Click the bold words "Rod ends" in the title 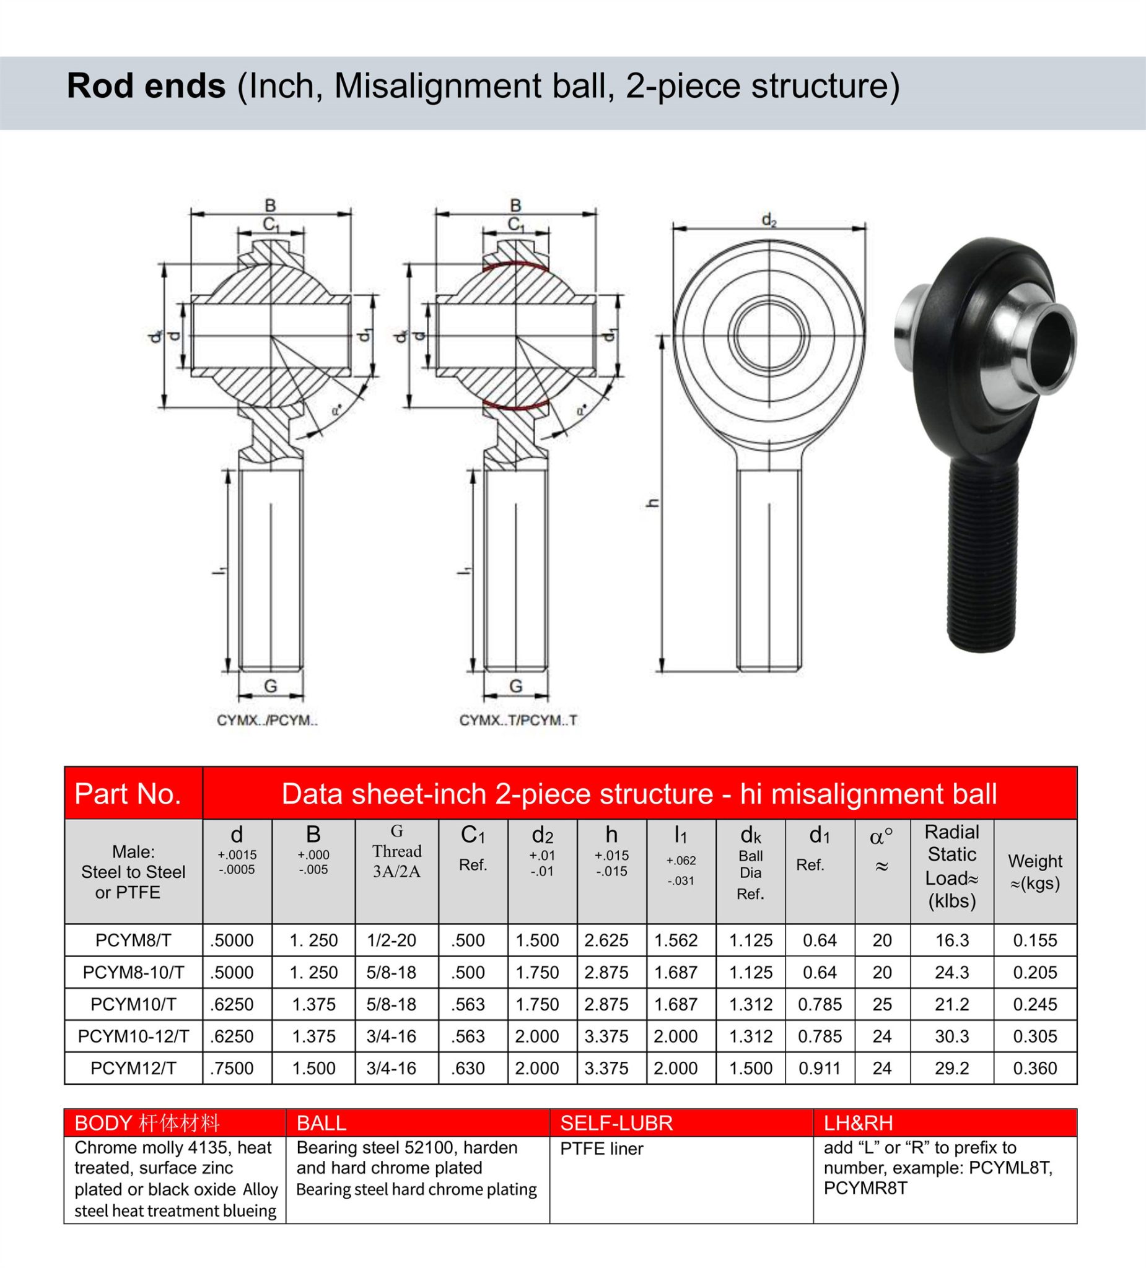pyautogui.click(x=146, y=86)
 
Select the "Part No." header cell pyautogui.click(x=128, y=794)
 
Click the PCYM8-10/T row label pyautogui.click(x=133, y=973)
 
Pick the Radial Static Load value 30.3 pyautogui.click(x=951, y=1036)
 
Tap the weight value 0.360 pyautogui.click(x=1034, y=1068)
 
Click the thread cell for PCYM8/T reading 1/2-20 pyautogui.click(x=391, y=940)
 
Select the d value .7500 pyautogui.click(x=232, y=1068)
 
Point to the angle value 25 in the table pyautogui.click(x=881, y=1004)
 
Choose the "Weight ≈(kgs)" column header pyautogui.click(x=1034, y=872)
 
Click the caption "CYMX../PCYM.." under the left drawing pyautogui.click(x=268, y=721)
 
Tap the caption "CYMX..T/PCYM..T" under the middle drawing pyautogui.click(x=518, y=721)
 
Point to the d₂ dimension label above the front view pyautogui.click(x=769, y=220)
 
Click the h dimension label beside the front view pyautogui.click(x=654, y=503)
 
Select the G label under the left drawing pyautogui.click(x=271, y=686)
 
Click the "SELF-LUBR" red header pyautogui.click(x=616, y=1123)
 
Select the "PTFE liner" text pyautogui.click(x=601, y=1149)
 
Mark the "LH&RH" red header pyautogui.click(x=858, y=1123)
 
